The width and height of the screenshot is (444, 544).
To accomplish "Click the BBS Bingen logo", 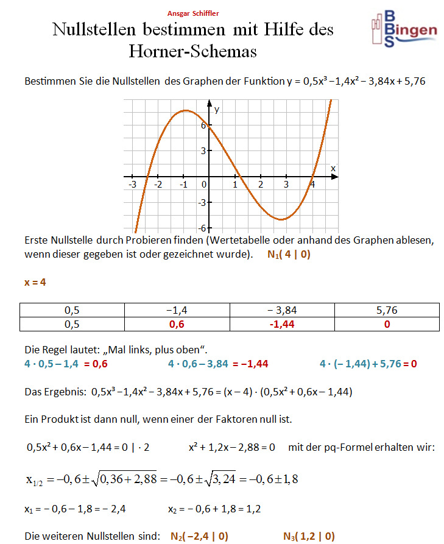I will (x=404, y=28).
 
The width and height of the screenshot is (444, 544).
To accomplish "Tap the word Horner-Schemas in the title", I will (x=192, y=51).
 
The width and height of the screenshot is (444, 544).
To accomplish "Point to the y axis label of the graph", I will (x=216, y=110).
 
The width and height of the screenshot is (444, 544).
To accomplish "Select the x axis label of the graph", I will (x=333, y=168).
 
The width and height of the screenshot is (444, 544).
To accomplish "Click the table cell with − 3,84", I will (x=282, y=310).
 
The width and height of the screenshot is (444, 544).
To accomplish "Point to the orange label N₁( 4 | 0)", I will (x=289, y=255).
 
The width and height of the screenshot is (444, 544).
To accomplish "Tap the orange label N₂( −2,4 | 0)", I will (x=200, y=536).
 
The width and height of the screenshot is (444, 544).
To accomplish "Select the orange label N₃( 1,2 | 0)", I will (x=309, y=536).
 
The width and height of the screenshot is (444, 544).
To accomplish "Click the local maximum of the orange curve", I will (x=184, y=111).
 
